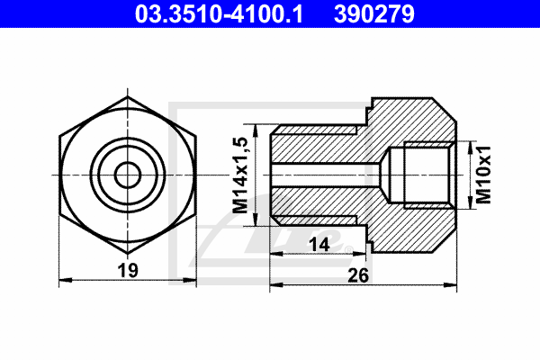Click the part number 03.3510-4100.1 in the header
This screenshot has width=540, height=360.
[219, 13]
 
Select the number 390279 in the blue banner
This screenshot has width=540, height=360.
[374, 13]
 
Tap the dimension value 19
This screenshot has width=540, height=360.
[128, 270]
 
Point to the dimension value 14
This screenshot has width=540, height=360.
[319, 245]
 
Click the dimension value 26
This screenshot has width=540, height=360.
[358, 275]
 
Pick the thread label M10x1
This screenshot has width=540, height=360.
[483, 175]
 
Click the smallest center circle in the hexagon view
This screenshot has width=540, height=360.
[128, 175]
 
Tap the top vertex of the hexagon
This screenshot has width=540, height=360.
[128, 97]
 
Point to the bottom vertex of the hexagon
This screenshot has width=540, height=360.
[128, 254]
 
